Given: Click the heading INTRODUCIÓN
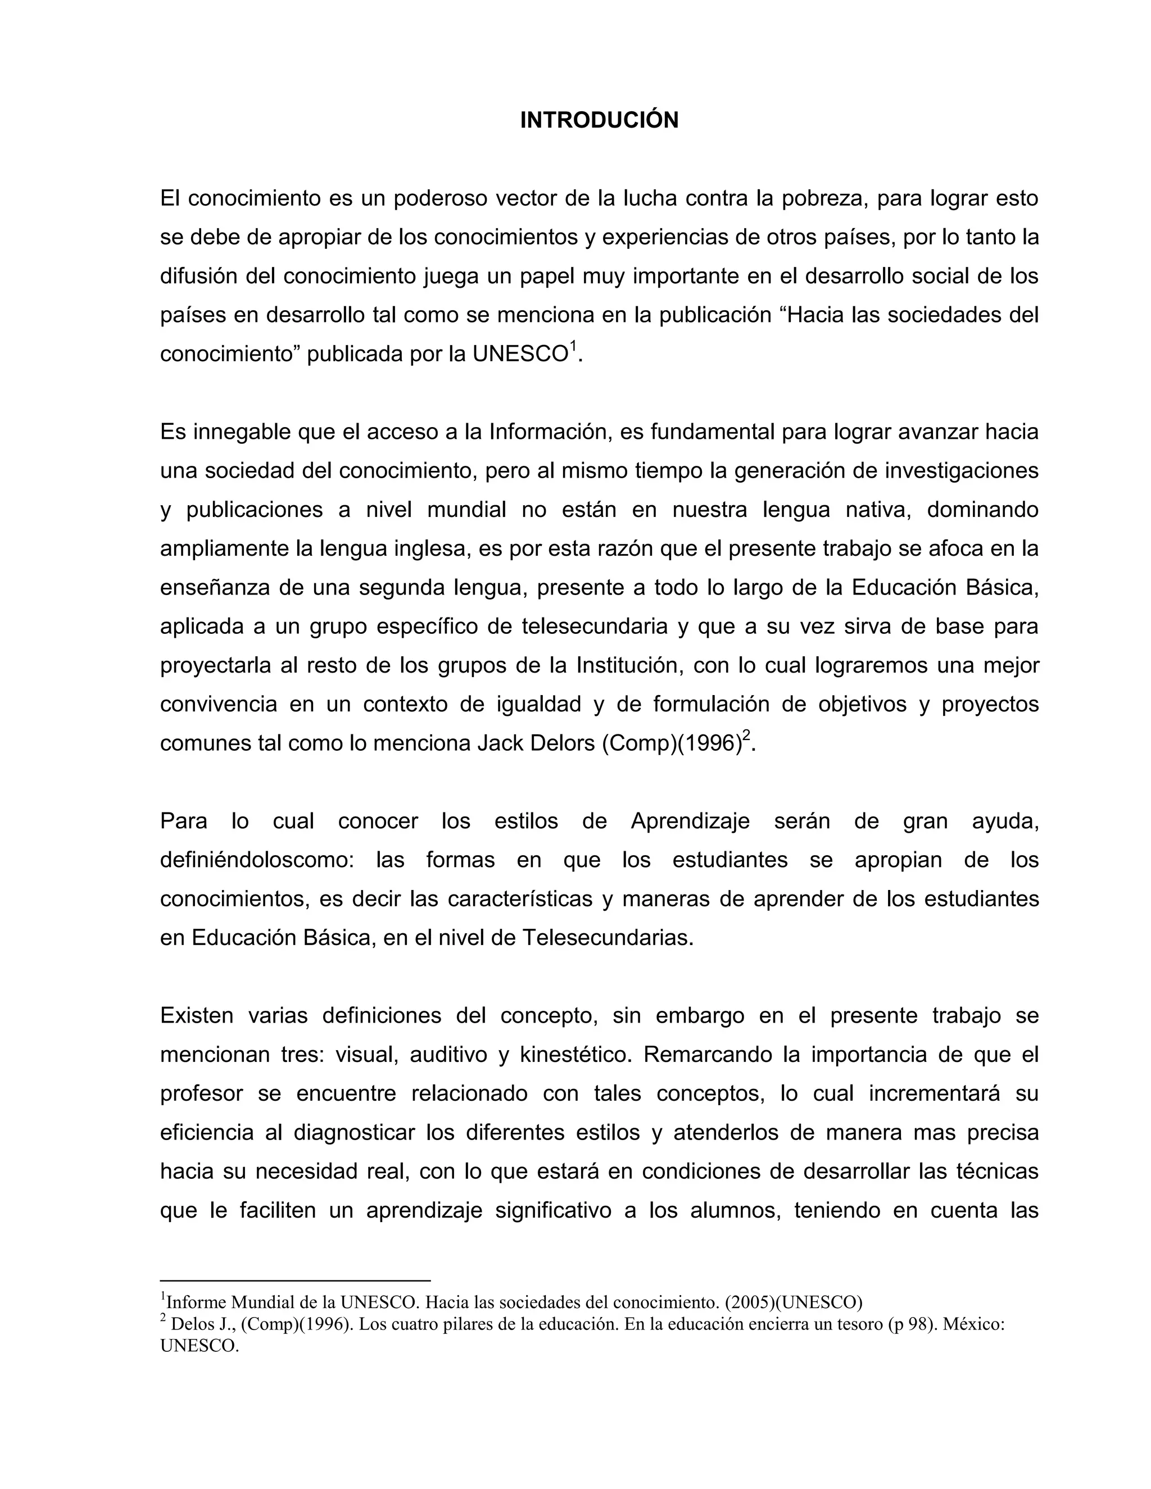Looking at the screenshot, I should tap(599, 120).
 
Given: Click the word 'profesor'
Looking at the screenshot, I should tap(201, 1093).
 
